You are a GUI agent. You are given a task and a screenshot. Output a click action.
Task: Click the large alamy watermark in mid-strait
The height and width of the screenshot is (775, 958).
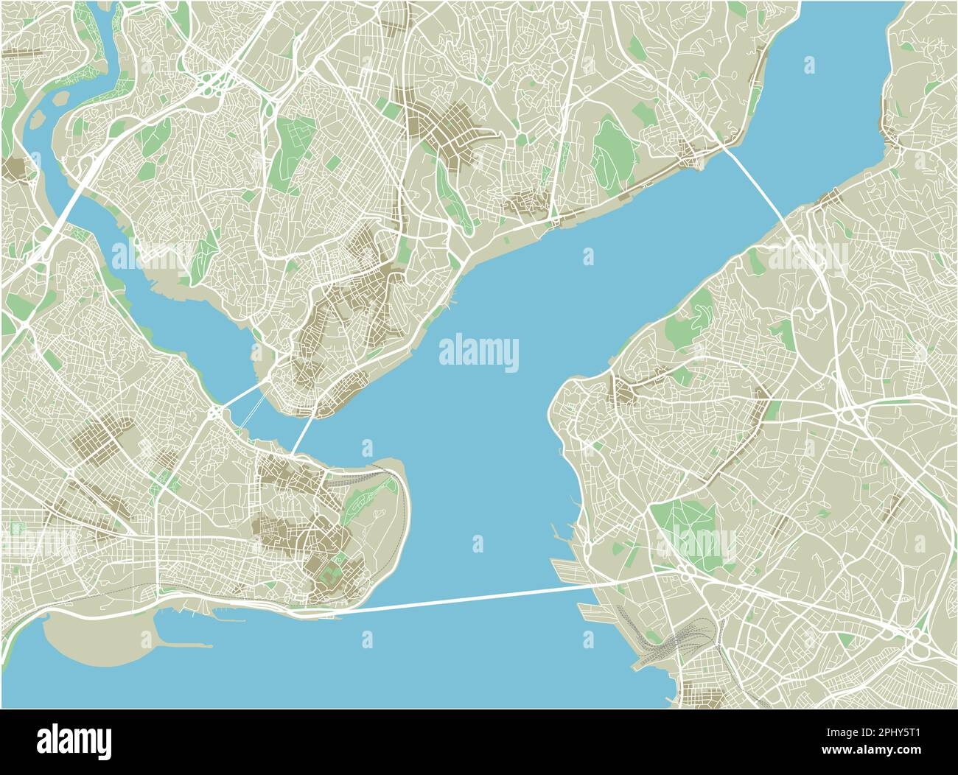pyautogui.click(x=479, y=351)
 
